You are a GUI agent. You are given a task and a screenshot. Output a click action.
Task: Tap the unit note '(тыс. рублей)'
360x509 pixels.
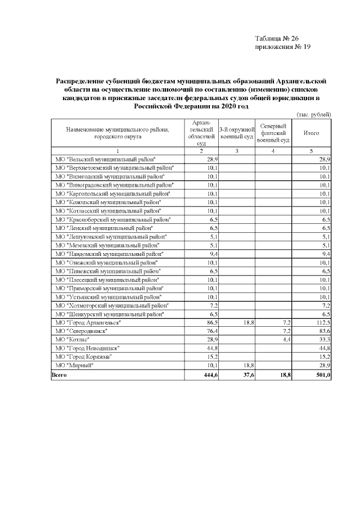click(313, 115)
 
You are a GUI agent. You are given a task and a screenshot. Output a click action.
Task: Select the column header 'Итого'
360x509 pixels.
click(311, 133)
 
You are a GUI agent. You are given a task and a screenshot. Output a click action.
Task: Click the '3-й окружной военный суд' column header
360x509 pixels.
click(236, 133)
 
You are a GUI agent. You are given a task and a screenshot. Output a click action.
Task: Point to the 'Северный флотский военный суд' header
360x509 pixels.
click(273, 133)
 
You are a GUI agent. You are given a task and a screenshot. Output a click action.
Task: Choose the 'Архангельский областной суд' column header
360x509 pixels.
click(201, 133)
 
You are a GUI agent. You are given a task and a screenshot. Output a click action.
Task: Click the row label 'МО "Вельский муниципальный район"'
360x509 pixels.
click(104, 160)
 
